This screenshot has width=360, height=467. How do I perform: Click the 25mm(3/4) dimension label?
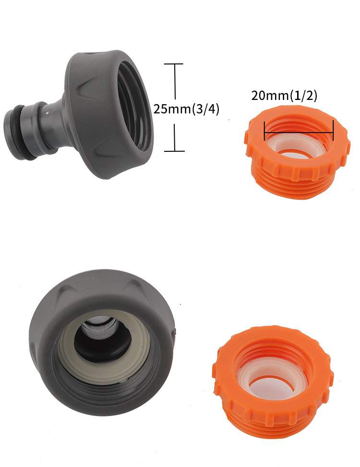pyautogui.click(x=186, y=109)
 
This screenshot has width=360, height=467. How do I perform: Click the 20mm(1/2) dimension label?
pyautogui.click(x=284, y=96)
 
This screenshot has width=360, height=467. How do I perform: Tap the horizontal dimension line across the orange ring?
pyautogui.click(x=299, y=132)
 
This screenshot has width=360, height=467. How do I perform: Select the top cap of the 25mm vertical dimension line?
pyautogui.click(x=174, y=64)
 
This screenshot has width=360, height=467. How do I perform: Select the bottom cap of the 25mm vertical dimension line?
pyautogui.click(x=174, y=151)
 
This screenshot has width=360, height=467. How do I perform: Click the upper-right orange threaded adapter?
pyautogui.click(x=298, y=152)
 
